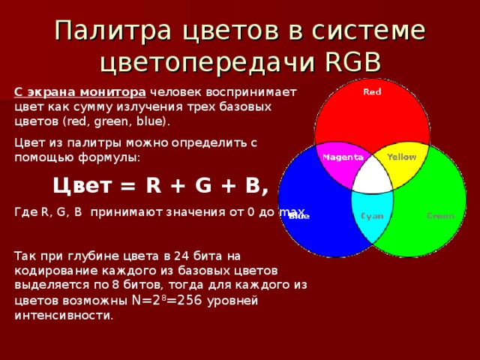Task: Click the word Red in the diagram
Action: (x=372, y=92)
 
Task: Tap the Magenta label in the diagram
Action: (x=343, y=157)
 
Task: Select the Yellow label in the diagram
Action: (x=401, y=157)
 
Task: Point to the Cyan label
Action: (x=373, y=216)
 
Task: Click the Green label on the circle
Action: (x=440, y=216)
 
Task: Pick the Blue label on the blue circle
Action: (x=298, y=217)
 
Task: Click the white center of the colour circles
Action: (x=372, y=176)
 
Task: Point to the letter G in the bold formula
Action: (x=193, y=185)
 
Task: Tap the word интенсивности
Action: (x=64, y=315)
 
